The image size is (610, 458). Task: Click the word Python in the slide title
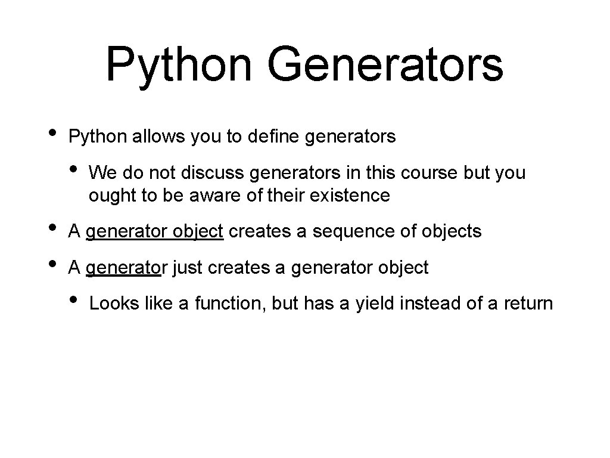click(178, 65)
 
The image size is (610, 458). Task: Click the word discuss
click(213, 173)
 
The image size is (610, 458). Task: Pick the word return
click(528, 304)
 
